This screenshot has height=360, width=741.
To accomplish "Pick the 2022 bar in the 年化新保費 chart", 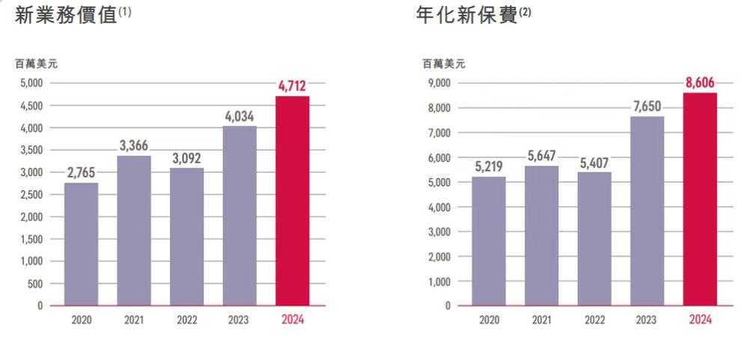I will pyautogui.click(x=594, y=239).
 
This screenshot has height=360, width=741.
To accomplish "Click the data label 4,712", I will pyautogui.click(x=292, y=87).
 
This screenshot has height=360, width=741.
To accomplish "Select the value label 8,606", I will pyautogui.click(x=700, y=83).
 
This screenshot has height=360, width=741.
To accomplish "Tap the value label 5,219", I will pyautogui.click(x=489, y=167).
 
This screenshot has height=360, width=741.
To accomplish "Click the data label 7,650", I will pyautogui.click(x=647, y=106).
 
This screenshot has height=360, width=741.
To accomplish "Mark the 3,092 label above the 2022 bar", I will pyautogui.click(x=186, y=158).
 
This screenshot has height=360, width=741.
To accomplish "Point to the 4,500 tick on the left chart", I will pyautogui.click(x=32, y=106).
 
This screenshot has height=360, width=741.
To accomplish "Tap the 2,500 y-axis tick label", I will pyautogui.click(x=32, y=195).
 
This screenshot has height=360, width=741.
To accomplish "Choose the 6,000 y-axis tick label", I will pyautogui.click(x=439, y=158).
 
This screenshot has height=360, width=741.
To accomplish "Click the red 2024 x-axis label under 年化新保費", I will pyautogui.click(x=700, y=320).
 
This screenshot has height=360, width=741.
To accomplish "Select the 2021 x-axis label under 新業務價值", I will pyautogui.click(x=134, y=320).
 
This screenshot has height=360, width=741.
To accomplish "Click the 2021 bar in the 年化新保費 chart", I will pyautogui.click(x=541, y=236).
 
